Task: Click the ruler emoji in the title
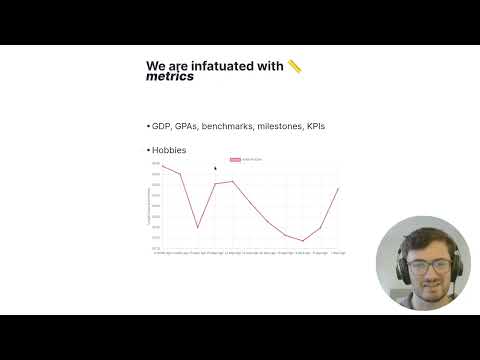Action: pos(295,66)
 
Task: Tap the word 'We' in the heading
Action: pos(157,66)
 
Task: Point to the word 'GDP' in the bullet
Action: pos(161,127)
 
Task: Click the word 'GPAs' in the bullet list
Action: pos(186,127)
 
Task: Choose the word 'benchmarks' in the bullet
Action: pos(232,127)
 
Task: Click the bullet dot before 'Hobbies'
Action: pos(148,150)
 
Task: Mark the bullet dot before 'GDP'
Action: pos(148,127)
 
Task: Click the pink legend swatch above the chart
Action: pos(235,159)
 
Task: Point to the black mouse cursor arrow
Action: pos(215,168)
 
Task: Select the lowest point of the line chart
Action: pos(304,241)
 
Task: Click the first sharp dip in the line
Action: pos(197,228)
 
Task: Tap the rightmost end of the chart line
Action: pos(339,188)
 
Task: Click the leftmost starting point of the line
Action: pos(162,166)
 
